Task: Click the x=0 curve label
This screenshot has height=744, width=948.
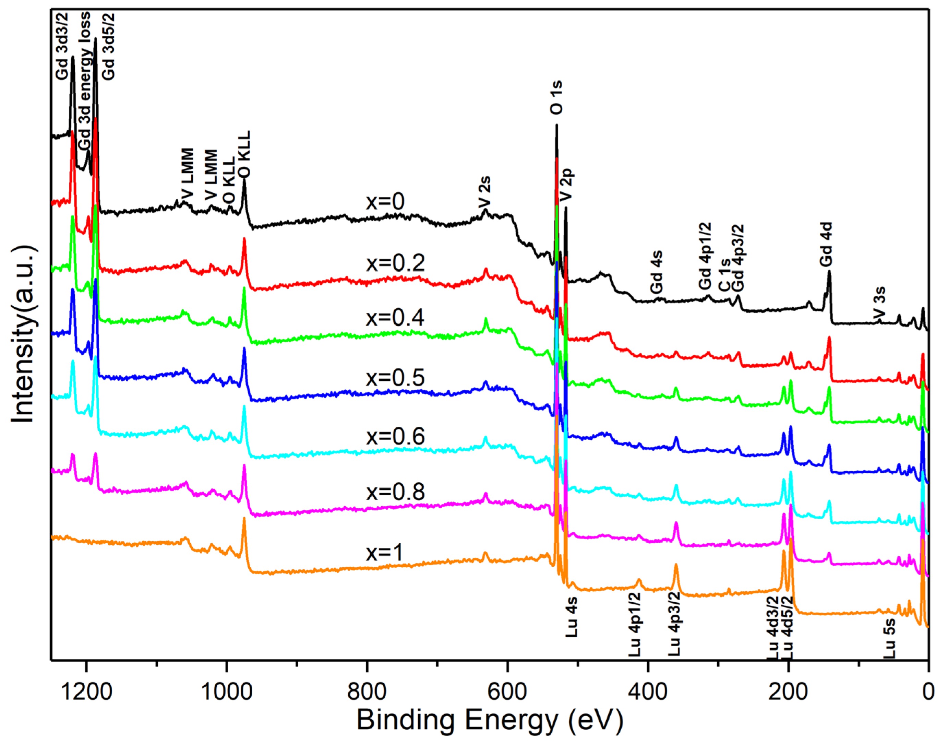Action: coord(385,202)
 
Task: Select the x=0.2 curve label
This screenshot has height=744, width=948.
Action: coord(395,263)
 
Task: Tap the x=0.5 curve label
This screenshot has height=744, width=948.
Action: coord(395,378)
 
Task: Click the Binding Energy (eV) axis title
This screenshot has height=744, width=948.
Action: coord(490,720)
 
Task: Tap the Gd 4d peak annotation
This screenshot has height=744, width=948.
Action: coord(826,244)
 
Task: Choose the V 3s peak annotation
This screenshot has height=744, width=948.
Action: coord(880,302)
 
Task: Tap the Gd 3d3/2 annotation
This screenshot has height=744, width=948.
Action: coord(62,47)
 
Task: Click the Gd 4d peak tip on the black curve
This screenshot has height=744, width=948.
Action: coord(829,271)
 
